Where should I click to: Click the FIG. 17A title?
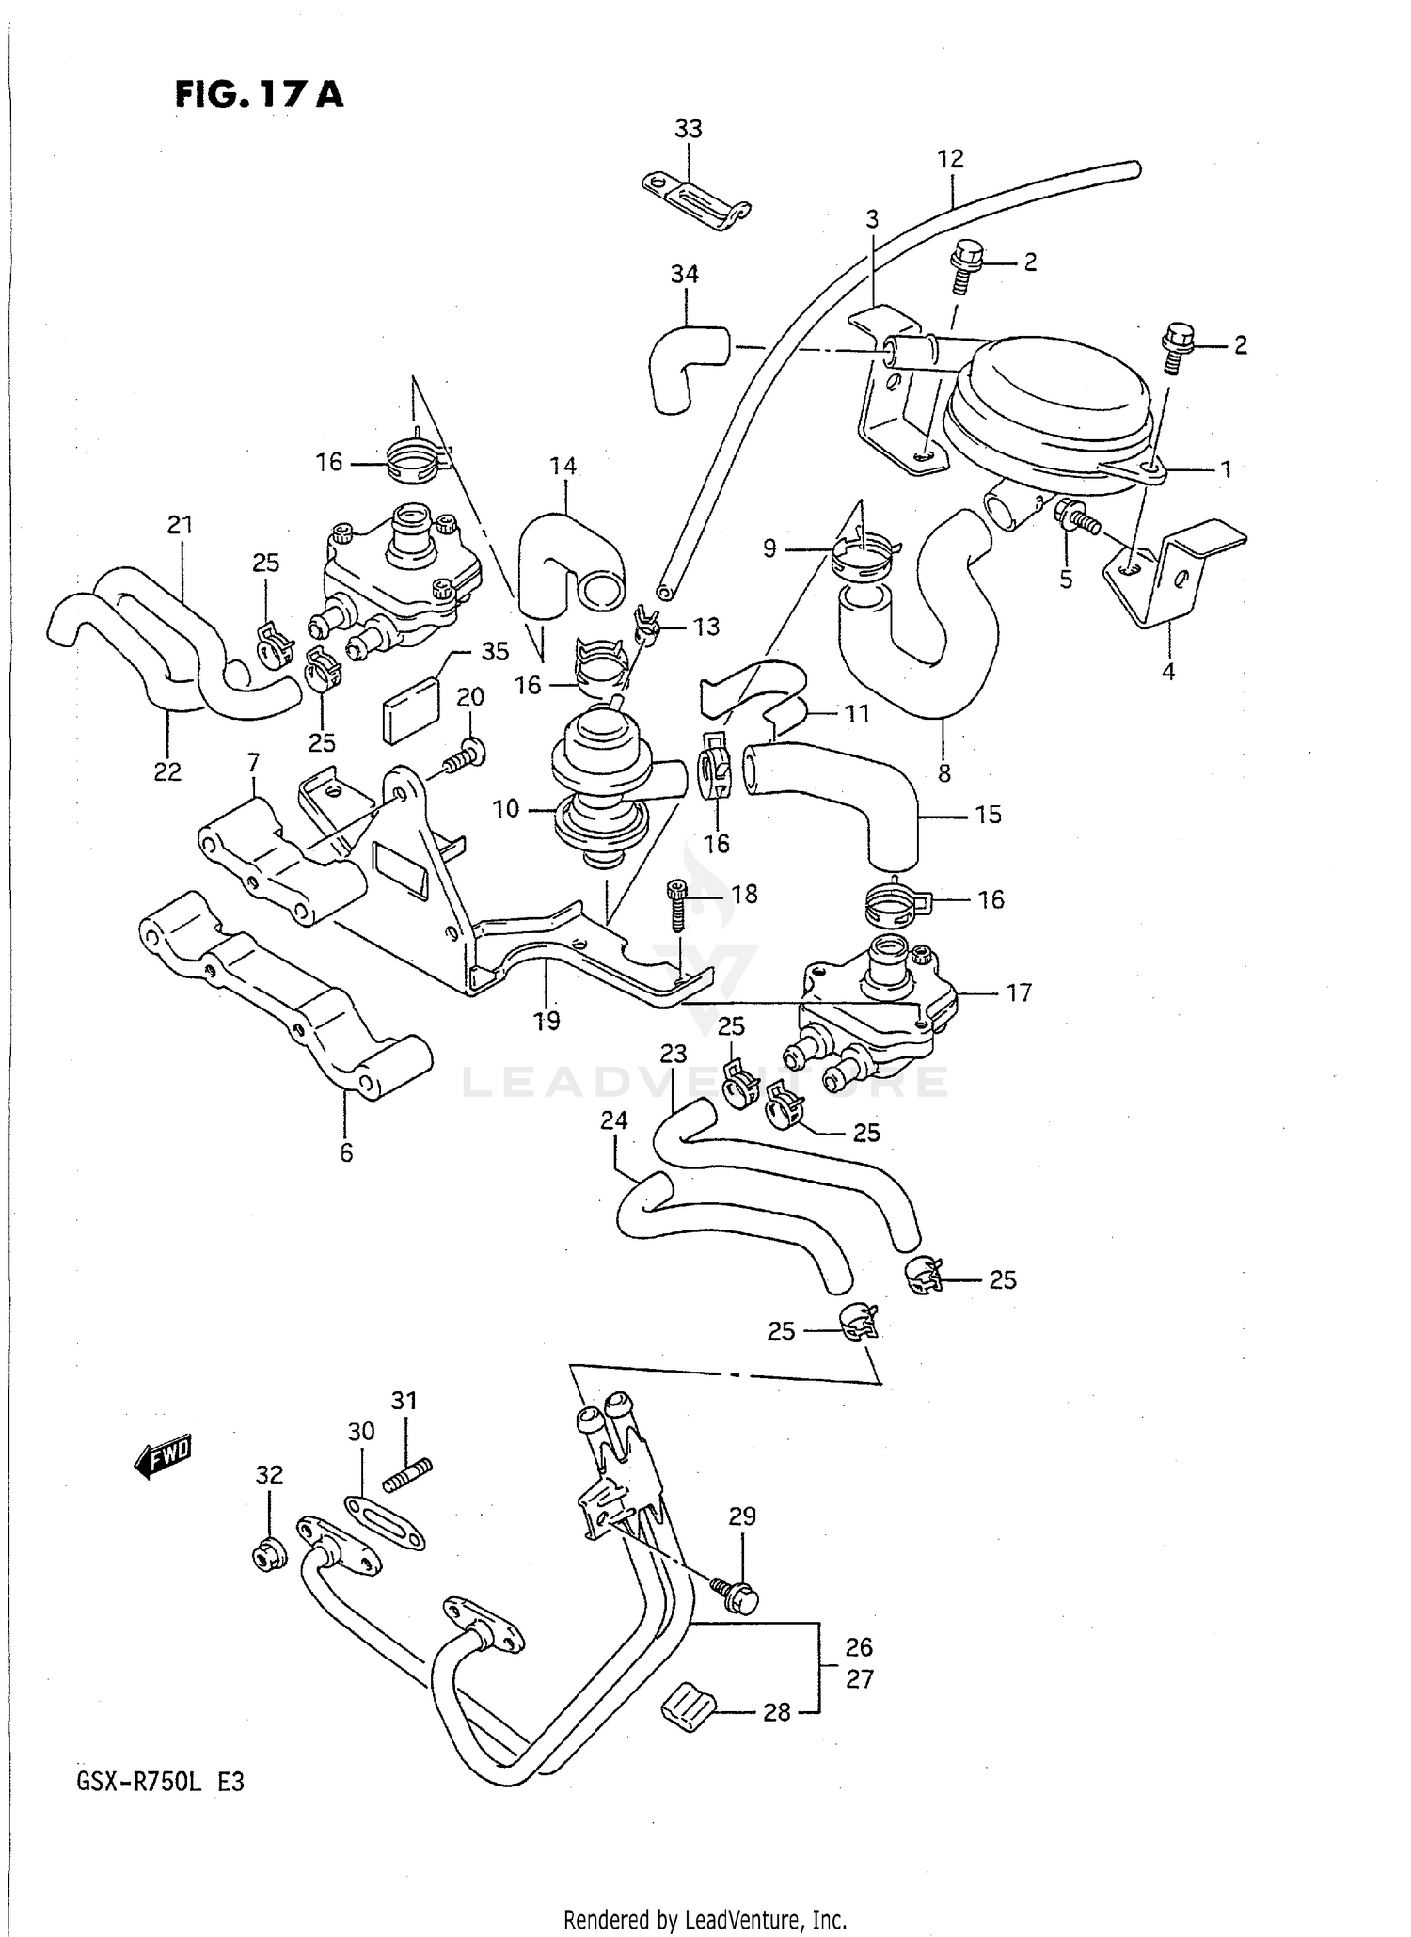pyautogui.click(x=259, y=95)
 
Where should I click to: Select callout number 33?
pyautogui.click(x=688, y=129)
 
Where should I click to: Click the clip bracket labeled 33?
pyautogui.click(x=696, y=199)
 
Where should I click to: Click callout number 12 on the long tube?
pyautogui.click(x=950, y=159)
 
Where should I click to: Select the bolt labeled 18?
pyautogui.click(x=678, y=905)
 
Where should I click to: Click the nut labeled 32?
pyautogui.click(x=269, y=1557)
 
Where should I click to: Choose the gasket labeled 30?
pyautogui.click(x=384, y=1521)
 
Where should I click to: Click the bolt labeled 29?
pyautogui.click(x=737, y=1593)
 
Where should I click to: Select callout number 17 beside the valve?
pyautogui.click(x=1019, y=992)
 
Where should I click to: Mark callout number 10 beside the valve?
pyautogui.click(x=505, y=808)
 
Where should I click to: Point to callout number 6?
pyautogui.click(x=346, y=1152)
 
